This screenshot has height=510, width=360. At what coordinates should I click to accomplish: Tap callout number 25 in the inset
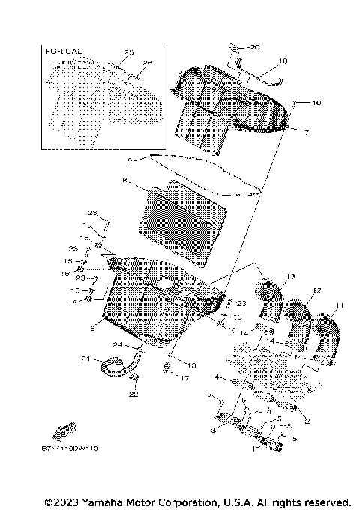[127, 52]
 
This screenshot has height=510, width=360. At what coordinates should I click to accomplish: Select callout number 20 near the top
[252, 46]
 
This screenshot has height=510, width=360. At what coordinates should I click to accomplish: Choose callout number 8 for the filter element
[124, 180]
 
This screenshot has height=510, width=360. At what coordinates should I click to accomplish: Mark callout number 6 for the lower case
[91, 328]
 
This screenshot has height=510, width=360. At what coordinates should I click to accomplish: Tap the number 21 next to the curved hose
[85, 357]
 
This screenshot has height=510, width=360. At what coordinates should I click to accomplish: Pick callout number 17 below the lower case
[183, 379]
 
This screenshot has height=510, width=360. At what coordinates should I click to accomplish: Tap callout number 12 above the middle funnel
[317, 290]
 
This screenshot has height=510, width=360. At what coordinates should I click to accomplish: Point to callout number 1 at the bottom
[255, 451]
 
